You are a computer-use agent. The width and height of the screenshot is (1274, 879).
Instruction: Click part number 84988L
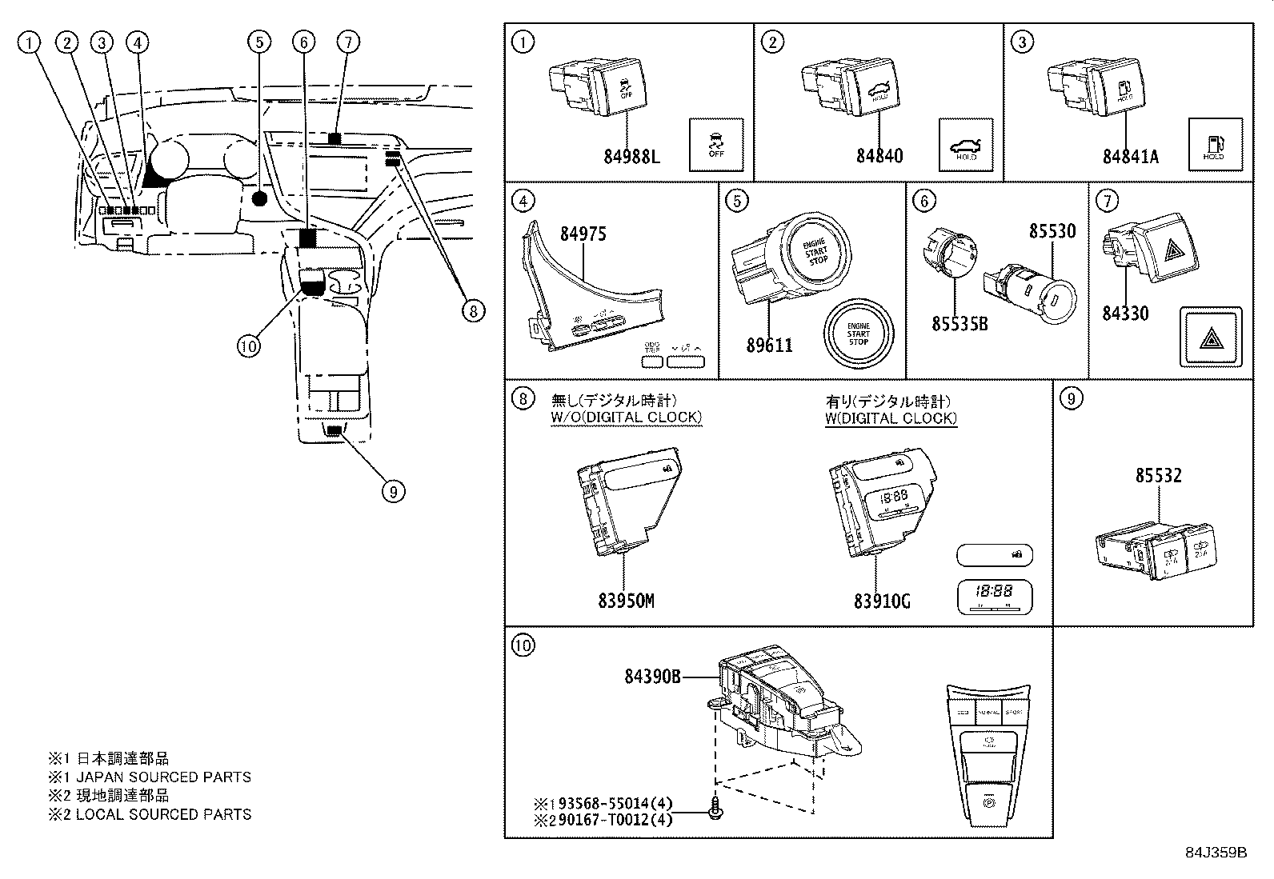[631, 156]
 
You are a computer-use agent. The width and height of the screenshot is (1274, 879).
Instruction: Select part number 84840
[879, 155]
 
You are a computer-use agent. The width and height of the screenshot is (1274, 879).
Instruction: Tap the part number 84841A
[1130, 156]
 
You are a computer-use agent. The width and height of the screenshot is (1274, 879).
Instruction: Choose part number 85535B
[960, 324]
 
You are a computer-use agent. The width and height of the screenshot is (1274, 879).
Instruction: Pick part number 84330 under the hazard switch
[1125, 313]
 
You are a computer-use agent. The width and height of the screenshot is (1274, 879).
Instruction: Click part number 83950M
[626, 600]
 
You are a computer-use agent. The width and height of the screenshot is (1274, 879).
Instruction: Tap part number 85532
[1158, 475]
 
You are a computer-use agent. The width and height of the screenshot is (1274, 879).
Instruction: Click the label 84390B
[652, 677]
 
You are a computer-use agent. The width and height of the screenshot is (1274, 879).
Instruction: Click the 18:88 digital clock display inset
[994, 597]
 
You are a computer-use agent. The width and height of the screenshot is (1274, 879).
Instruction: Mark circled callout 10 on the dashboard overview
[249, 346]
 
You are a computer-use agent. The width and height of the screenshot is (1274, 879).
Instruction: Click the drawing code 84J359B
[1216, 853]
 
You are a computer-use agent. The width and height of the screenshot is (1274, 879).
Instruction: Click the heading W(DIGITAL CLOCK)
[891, 418]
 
